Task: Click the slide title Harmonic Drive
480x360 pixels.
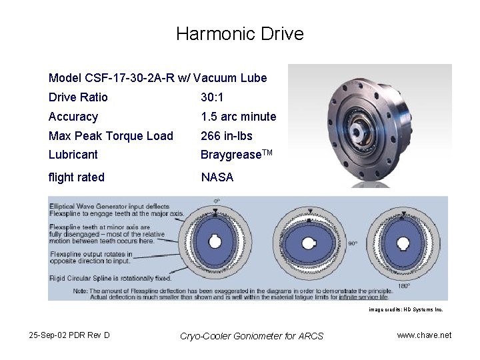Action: [239, 34]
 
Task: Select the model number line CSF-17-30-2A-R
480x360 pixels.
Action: [157, 78]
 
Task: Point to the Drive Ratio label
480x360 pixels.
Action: [78, 97]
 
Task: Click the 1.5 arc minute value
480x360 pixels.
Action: [238, 117]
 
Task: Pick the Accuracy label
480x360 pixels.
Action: [73, 117]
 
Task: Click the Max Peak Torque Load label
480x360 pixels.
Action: [111, 136]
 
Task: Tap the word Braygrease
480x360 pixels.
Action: [231, 155]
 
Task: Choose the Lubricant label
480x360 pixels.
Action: [73, 155]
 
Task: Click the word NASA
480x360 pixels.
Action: [217, 177]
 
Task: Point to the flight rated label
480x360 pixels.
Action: [77, 177]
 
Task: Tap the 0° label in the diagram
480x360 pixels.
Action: [217, 201]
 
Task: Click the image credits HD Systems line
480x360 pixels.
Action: [405, 310]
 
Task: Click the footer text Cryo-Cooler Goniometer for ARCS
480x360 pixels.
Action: [251, 336]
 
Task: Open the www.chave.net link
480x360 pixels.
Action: [424, 335]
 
